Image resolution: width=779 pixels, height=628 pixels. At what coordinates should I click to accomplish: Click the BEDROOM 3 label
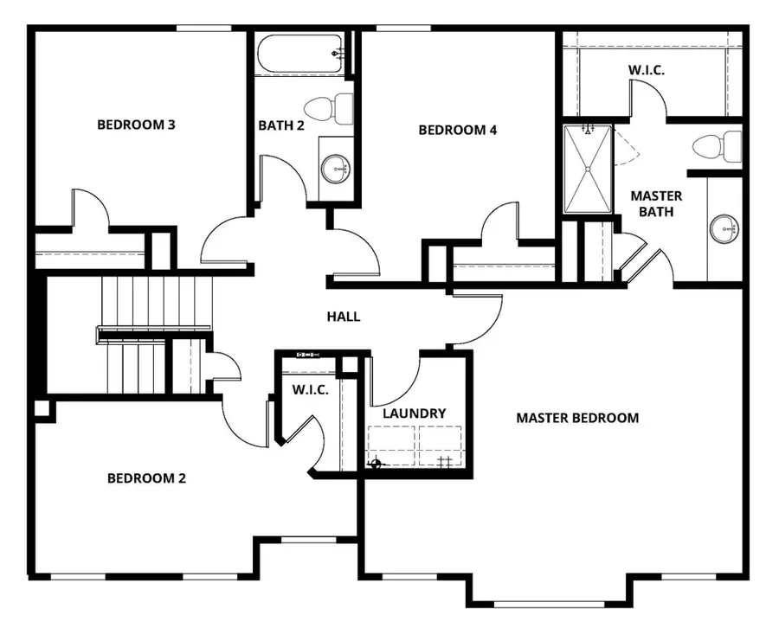click(x=136, y=125)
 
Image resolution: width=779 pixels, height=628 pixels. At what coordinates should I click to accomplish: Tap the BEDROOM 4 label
click(x=457, y=131)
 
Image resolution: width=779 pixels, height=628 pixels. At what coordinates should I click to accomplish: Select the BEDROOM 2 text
click(x=146, y=478)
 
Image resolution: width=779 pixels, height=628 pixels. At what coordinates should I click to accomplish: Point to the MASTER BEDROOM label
click(x=577, y=418)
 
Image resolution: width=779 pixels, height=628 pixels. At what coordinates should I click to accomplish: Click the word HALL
click(x=343, y=317)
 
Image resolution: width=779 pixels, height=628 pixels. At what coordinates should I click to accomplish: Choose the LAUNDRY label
click(x=414, y=413)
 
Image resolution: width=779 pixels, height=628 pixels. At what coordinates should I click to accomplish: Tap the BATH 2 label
click(x=281, y=125)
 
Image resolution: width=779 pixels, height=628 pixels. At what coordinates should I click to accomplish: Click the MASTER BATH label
click(x=655, y=203)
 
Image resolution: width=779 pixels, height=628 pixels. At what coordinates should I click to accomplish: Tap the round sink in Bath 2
click(x=335, y=169)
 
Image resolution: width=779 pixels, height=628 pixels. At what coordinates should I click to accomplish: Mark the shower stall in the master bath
click(x=588, y=169)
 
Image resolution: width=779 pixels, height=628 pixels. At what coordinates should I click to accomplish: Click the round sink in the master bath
click(x=724, y=229)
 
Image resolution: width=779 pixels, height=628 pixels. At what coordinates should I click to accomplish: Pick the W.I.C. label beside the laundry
click(x=310, y=390)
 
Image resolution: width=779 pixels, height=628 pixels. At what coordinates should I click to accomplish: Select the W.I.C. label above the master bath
click(x=647, y=69)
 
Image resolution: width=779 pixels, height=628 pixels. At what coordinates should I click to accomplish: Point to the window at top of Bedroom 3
click(x=204, y=29)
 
